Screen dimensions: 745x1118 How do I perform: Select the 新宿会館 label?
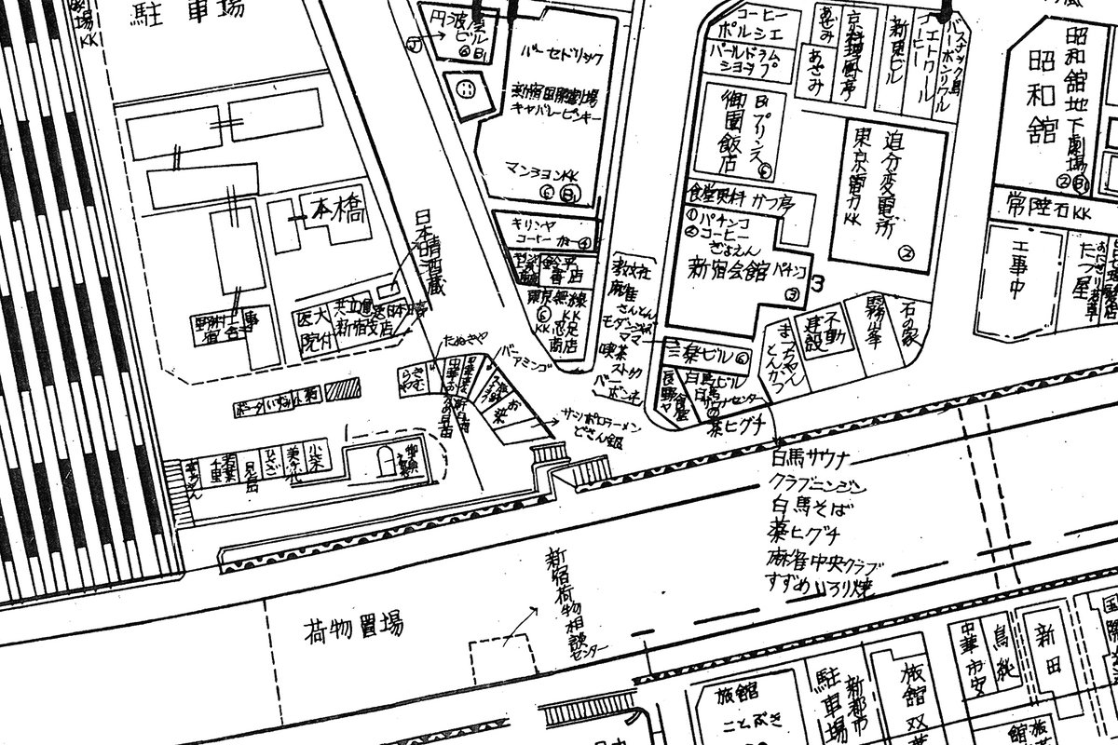[x=727, y=272]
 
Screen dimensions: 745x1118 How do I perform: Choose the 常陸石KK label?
[x=1043, y=200]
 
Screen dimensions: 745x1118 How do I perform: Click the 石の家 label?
[x=905, y=330]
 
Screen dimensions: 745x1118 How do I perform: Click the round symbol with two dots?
[x=465, y=91]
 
